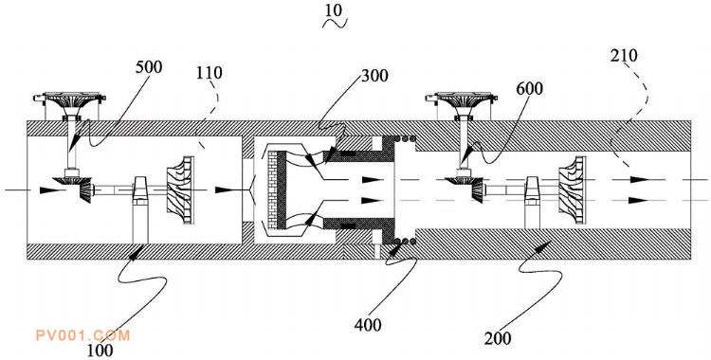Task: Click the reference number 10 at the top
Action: [334, 10]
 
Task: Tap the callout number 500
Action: [148, 67]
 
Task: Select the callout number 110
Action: [210, 73]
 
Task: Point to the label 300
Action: [374, 76]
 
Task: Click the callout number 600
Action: [529, 88]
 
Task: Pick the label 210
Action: [624, 55]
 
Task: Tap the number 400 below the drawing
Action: [368, 325]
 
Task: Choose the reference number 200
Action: [498, 338]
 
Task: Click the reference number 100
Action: [100, 350]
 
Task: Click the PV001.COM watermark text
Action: [83, 335]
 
